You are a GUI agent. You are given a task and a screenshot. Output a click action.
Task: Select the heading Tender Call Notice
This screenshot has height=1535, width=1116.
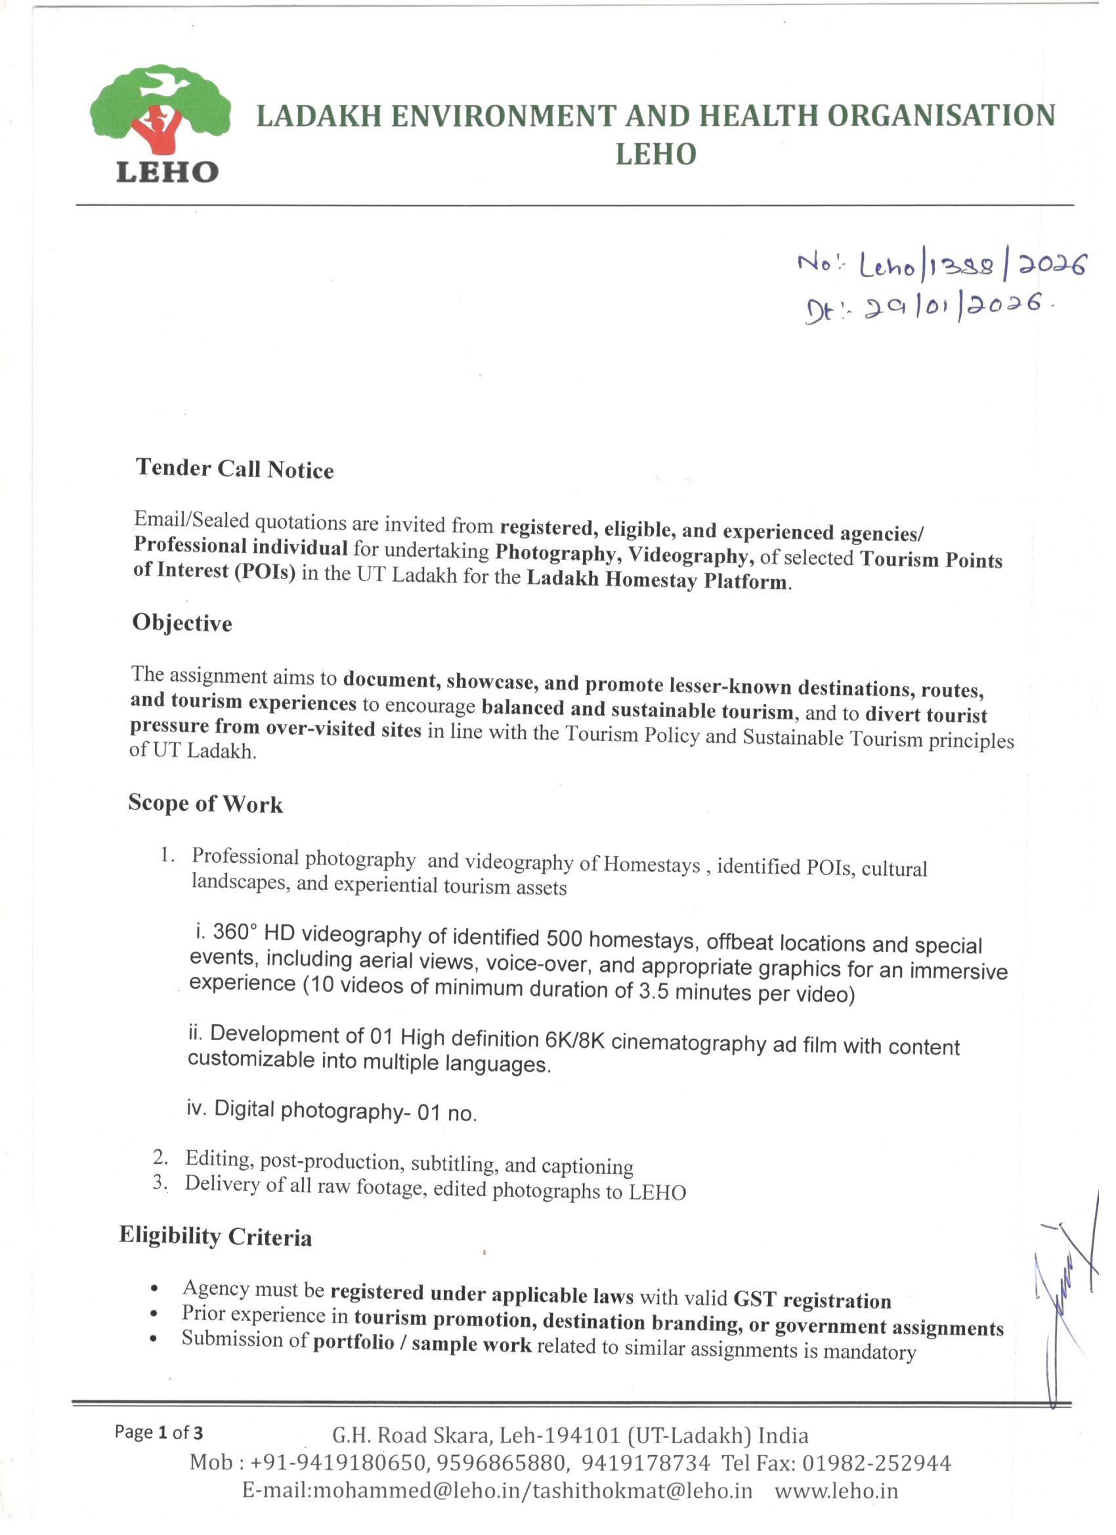coord(235,468)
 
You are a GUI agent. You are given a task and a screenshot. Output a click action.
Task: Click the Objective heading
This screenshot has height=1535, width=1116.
coord(182,622)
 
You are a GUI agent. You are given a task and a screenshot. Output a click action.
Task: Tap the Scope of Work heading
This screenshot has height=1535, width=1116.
coord(205,804)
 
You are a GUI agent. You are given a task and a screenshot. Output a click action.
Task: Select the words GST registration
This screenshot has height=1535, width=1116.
coord(812,1300)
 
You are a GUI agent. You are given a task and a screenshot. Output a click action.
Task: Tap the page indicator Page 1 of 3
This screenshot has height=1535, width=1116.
coord(158,1432)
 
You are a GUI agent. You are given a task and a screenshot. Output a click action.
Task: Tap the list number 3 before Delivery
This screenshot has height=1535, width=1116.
coord(158,1182)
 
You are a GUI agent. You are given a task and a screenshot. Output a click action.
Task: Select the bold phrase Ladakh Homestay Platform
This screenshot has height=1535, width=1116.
coord(657,580)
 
